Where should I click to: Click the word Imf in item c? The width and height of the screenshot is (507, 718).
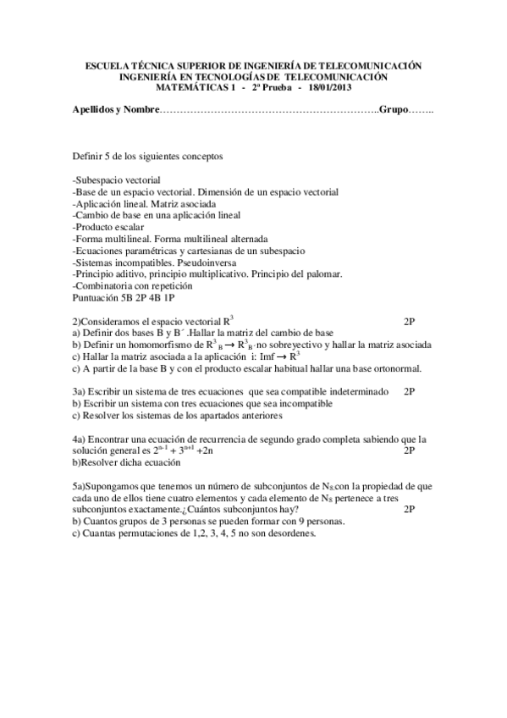pyautogui.click(x=257, y=356)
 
